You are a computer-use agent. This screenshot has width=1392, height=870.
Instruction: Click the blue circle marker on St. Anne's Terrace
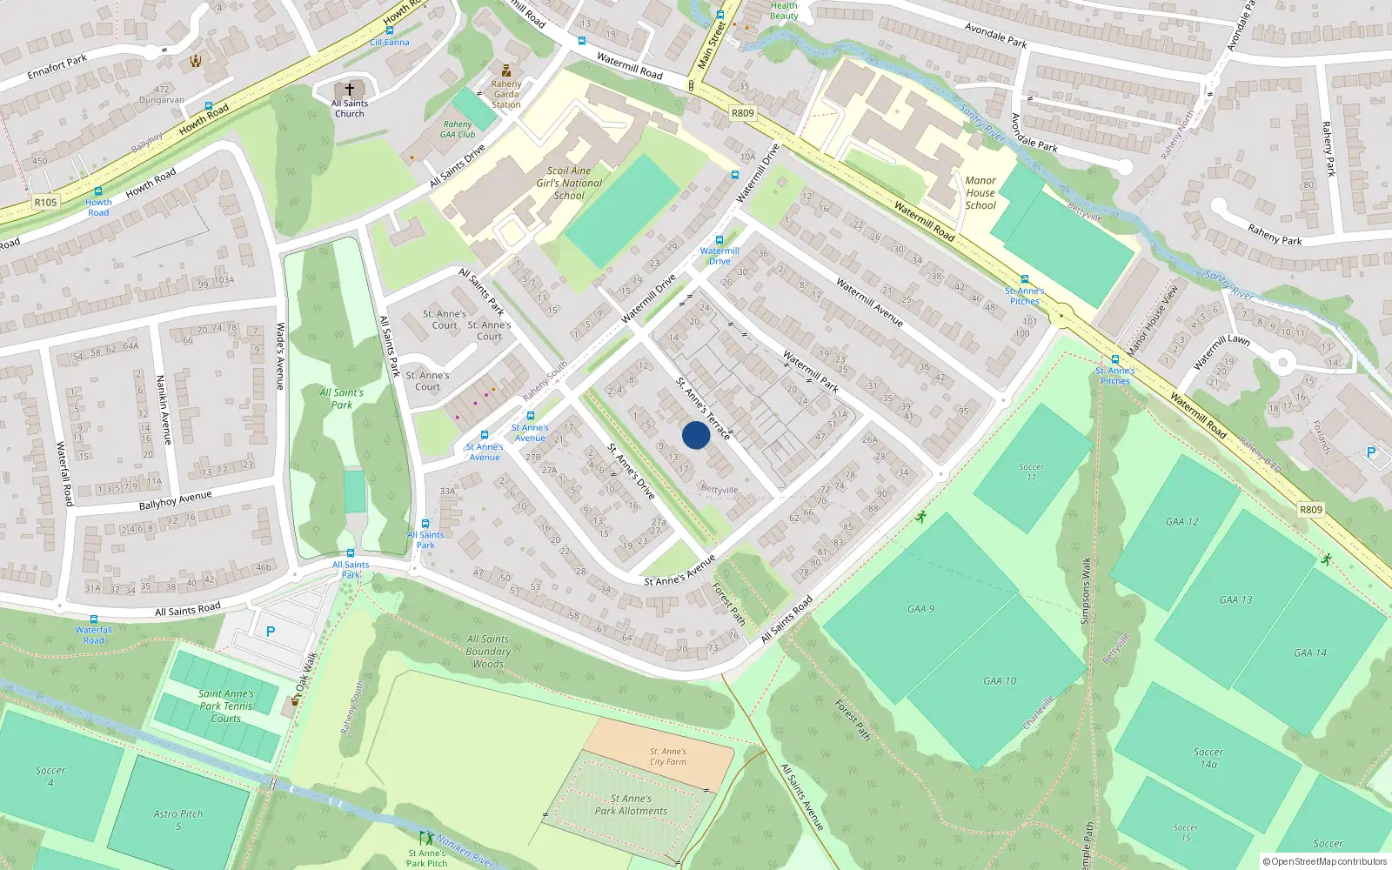tap(695, 435)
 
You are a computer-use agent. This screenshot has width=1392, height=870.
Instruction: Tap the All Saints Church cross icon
tap(350, 90)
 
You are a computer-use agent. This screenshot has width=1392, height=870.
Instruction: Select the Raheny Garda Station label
tap(506, 95)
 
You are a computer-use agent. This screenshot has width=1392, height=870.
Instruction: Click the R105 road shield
tap(45, 203)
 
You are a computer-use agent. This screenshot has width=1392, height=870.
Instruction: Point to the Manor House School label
tap(980, 193)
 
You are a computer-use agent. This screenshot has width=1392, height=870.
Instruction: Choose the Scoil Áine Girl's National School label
tap(569, 184)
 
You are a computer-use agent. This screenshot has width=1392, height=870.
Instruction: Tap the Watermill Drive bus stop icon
tap(719, 241)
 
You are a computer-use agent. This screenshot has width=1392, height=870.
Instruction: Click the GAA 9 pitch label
tap(920, 609)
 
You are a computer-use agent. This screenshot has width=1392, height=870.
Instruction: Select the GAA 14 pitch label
tap(1309, 652)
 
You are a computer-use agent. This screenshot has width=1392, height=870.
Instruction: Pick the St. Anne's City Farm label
tap(668, 756)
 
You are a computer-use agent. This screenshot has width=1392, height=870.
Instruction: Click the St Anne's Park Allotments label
tap(631, 805)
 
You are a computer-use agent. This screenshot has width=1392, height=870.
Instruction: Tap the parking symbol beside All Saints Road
tap(271, 632)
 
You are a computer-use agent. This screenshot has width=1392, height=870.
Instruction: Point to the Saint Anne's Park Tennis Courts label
tap(226, 706)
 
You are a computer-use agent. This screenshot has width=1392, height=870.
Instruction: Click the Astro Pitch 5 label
tap(178, 820)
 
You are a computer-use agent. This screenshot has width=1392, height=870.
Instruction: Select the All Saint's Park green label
tap(342, 398)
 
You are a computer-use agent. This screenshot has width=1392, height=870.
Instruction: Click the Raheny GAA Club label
tap(458, 130)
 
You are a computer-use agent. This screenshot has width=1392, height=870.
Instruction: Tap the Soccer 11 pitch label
tap(1032, 472)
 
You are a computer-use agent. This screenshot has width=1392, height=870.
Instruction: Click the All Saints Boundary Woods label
tap(488, 651)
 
